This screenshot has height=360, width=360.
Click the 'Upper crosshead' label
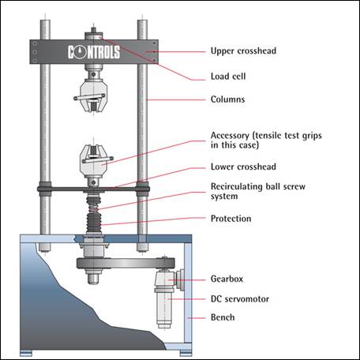[x=243, y=51]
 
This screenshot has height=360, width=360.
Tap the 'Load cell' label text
[x=228, y=77]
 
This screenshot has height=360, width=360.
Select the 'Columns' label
[x=228, y=99]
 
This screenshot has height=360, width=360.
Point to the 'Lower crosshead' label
[x=243, y=167]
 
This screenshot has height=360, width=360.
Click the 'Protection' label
[x=231, y=219]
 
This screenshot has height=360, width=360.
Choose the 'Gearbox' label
[x=227, y=279]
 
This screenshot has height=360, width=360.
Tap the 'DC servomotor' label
[x=240, y=299]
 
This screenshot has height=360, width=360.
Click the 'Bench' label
[x=223, y=317]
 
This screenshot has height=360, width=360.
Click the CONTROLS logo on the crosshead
[x=94, y=52]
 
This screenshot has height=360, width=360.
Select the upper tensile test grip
[x=93, y=95]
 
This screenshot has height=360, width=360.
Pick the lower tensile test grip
[x=94, y=161]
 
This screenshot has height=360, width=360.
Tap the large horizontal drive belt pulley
[x=126, y=263]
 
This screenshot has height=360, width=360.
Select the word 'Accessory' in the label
[x=230, y=136]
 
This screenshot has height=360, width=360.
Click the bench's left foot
[x=26, y=353]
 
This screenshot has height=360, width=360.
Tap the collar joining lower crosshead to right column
[x=142, y=189]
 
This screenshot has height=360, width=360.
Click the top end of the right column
[x=142, y=21]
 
